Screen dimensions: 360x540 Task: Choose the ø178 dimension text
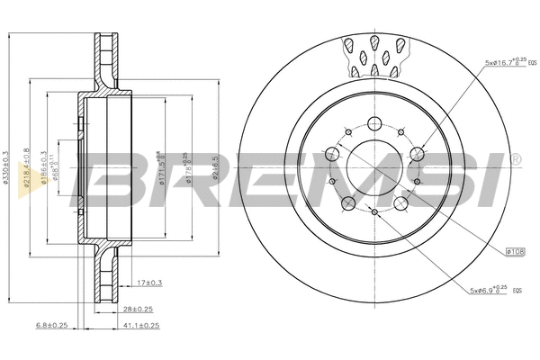(188, 171)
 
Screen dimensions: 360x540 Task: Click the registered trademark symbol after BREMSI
(514, 158)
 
